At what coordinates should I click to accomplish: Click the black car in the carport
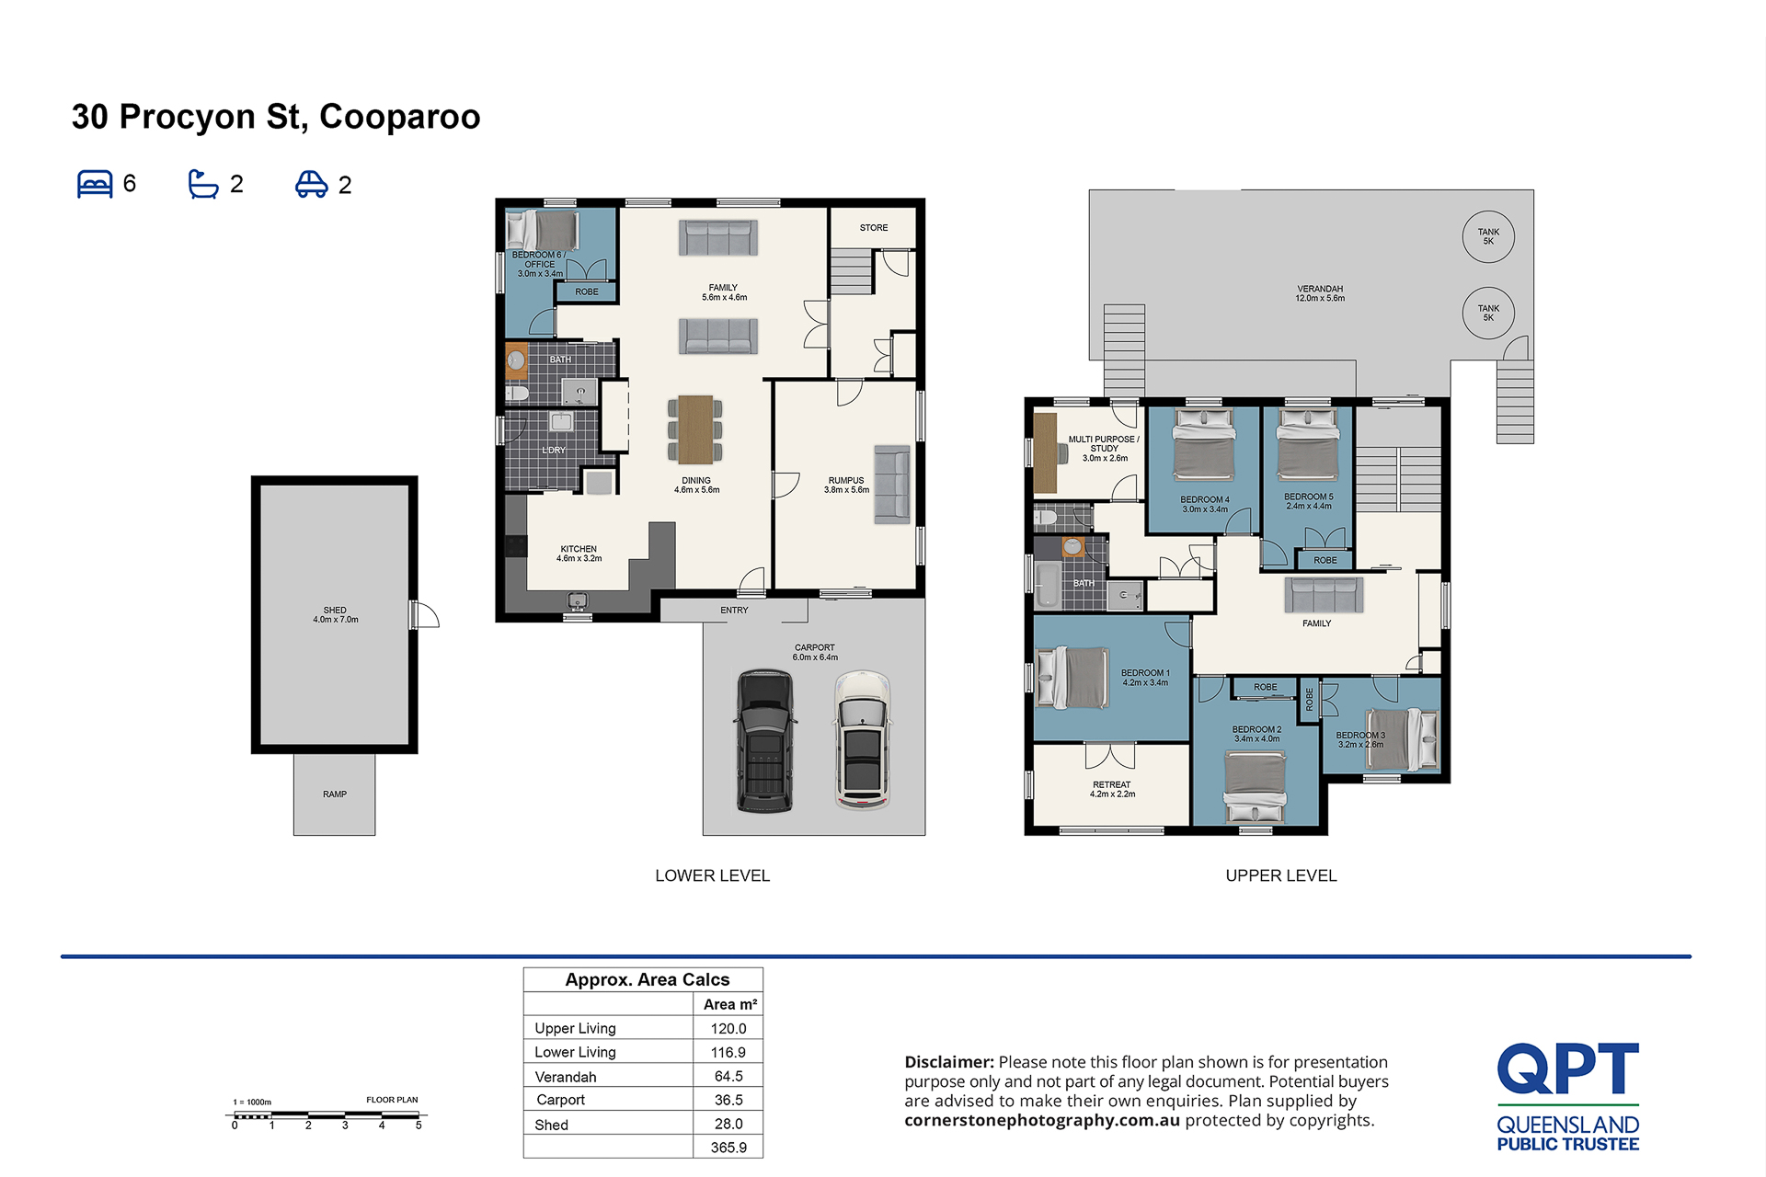point(764,740)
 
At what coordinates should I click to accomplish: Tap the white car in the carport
point(863,740)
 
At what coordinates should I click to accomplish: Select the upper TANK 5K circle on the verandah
point(1488,236)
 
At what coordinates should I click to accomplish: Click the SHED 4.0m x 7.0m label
point(335,615)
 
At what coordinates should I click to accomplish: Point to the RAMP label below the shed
point(335,794)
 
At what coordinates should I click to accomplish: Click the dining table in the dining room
point(696,429)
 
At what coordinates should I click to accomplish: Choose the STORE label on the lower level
point(874,228)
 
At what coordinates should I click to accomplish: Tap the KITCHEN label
point(579,549)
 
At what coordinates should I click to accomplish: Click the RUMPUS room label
point(846,481)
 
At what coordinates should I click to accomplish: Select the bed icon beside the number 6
point(95,184)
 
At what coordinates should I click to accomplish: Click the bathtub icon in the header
point(203,184)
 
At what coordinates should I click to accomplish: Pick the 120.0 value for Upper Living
point(728,1028)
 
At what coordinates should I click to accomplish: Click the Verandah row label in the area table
point(566,1077)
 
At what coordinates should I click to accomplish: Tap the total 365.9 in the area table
point(728,1148)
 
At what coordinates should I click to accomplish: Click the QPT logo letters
point(1568,1068)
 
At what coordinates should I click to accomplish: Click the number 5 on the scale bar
point(419,1126)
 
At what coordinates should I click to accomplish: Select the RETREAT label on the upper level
point(1112,785)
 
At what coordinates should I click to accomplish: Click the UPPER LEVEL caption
point(1281,875)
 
